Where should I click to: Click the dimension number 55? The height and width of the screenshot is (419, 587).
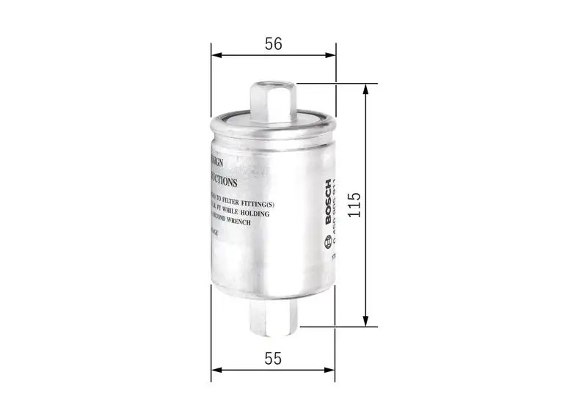pyautogui.click(x=273, y=359)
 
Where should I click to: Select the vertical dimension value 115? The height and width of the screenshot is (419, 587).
pyautogui.click(x=354, y=205)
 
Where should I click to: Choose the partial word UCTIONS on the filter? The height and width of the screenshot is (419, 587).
pyautogui.click(x=223, y=180)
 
